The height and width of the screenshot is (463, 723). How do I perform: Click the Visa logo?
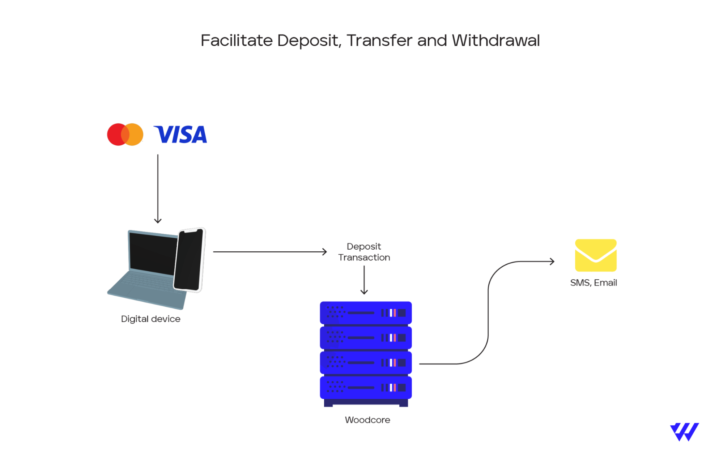coord(180,135)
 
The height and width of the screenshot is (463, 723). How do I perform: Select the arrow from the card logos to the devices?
coord(158,188)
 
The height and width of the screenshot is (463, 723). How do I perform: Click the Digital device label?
coord(150,319)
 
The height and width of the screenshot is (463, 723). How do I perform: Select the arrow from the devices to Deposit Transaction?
coord(269,252)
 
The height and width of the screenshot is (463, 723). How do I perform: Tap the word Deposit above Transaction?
coord(363,246)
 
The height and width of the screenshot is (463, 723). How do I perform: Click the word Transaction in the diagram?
coord(364,258)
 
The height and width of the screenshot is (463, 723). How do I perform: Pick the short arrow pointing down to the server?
coord(364,280)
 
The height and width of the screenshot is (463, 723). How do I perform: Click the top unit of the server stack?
coord(366,313)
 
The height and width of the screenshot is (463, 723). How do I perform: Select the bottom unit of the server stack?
coord(366,388)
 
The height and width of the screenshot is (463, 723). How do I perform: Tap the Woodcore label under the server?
coord(367,420)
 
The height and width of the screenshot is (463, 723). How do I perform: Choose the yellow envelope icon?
coord(595,255)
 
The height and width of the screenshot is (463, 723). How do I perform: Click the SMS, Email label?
coord(593,283)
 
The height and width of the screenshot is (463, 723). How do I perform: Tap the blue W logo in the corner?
coord(684,432)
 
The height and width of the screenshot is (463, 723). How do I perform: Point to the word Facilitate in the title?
coord(237,41)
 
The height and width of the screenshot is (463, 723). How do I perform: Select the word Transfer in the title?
coord(379,41)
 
